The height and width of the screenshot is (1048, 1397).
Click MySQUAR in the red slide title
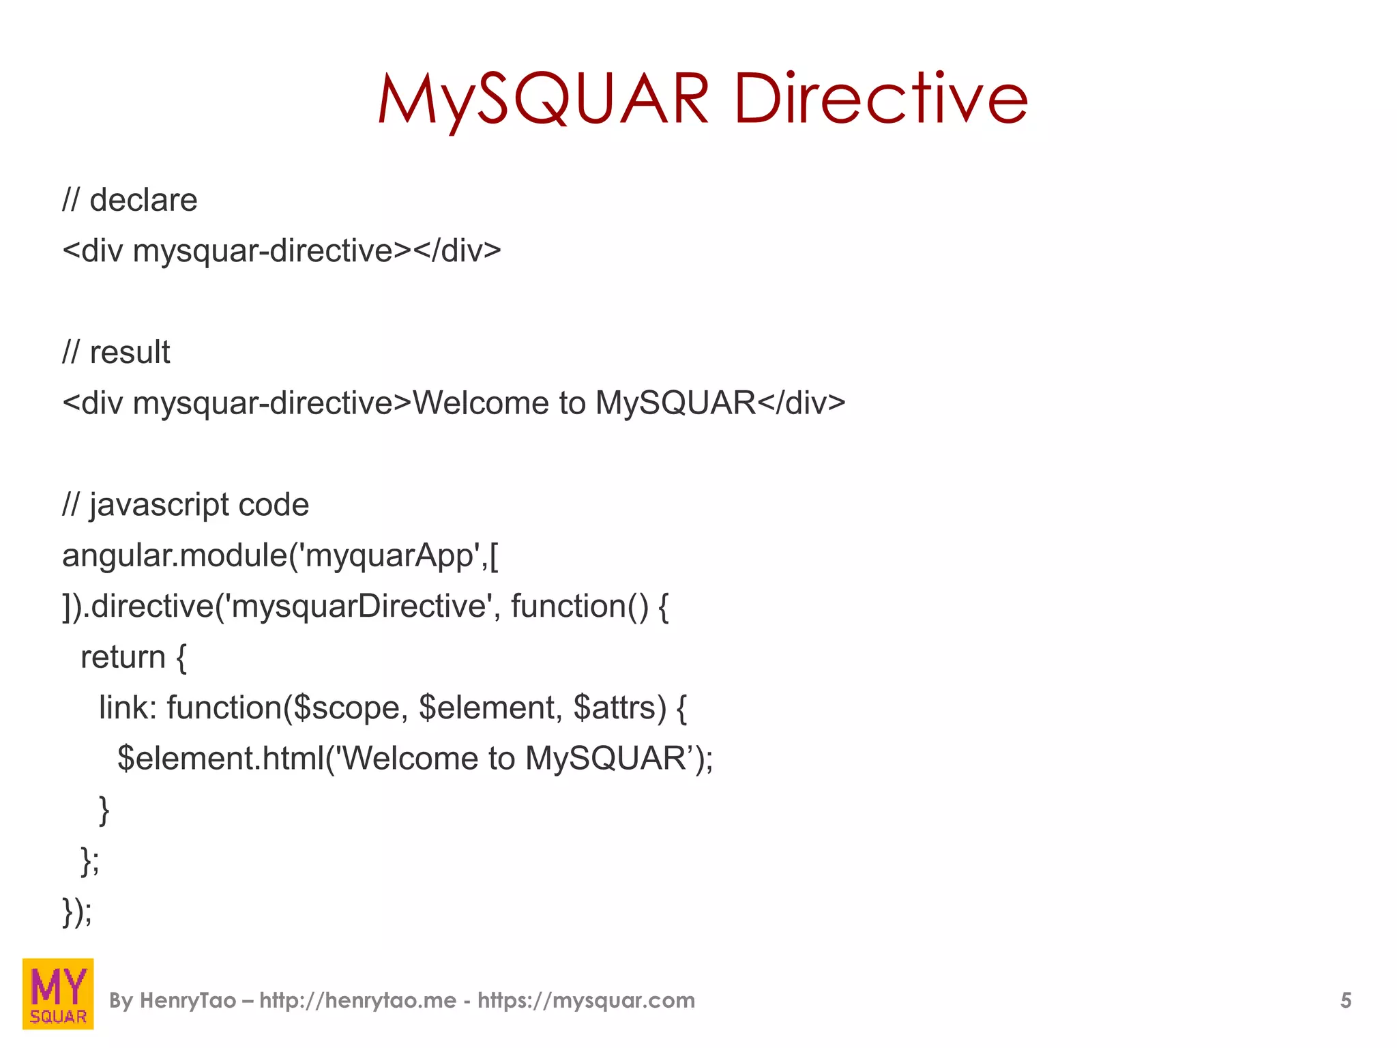[544, 100]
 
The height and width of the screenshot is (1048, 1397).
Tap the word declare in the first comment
[143, 200]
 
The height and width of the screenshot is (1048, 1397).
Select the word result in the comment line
[130, 352]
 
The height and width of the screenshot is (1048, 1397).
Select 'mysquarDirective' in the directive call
[357, 606]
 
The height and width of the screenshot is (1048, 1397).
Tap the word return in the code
[123, 657]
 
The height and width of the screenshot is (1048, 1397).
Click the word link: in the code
[128, 708]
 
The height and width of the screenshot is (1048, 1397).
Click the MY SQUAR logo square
[58, 993]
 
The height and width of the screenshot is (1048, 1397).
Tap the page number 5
[1345, 1000]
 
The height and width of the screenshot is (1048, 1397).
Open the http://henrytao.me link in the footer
[357, 1000]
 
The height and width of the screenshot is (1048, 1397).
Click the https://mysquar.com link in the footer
[586, 1000]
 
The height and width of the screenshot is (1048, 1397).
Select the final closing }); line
[77, 912]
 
